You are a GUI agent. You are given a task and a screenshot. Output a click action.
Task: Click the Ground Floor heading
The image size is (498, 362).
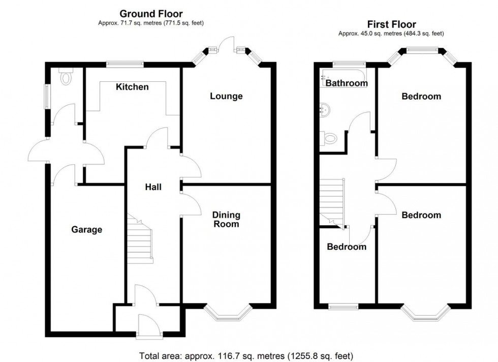pos(151,14)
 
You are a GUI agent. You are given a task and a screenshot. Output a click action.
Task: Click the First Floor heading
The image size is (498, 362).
pos(391,24)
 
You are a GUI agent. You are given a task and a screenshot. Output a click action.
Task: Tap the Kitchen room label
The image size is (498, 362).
pos(132,87)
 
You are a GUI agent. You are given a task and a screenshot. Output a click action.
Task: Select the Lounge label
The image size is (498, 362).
pos(226,96)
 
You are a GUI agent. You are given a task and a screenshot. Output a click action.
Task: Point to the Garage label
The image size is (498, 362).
pos(86,230)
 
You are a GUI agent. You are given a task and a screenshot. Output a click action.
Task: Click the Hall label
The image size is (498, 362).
pos(153,187)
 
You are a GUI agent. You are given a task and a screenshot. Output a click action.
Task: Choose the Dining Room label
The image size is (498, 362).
pos(226,220)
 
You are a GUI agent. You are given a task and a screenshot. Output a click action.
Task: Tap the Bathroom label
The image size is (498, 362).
pos(347,83)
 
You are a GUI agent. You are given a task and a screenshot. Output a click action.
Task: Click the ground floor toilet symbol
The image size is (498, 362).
pos(66,77)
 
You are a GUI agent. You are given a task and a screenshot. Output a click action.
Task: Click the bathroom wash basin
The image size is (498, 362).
pos(325,108)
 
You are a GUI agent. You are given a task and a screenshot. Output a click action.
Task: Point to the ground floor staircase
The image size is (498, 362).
pos(139,242)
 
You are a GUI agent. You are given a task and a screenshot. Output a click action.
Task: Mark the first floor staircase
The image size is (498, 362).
pos(332,200)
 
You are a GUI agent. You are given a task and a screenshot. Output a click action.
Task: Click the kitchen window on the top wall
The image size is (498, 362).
pos(125,64)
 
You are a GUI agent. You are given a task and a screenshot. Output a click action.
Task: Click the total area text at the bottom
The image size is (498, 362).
pos(246,355)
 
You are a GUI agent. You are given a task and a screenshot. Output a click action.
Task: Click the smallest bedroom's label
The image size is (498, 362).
pos(346,247)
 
